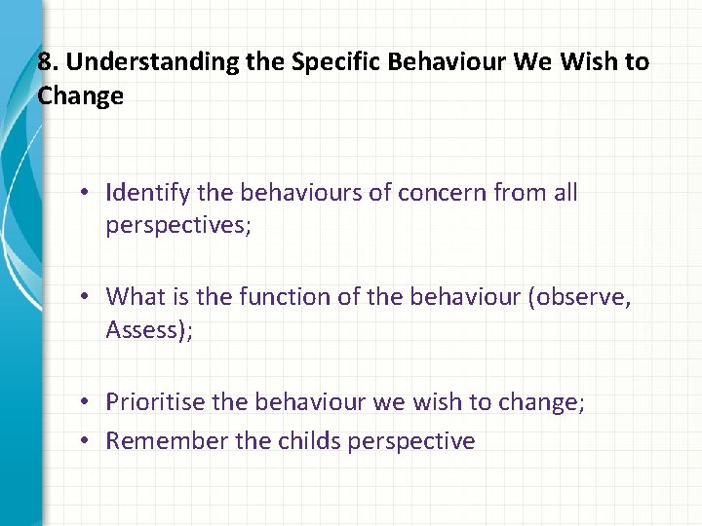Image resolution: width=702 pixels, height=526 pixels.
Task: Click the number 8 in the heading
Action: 45,62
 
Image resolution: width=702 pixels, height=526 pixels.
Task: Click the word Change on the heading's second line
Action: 81,95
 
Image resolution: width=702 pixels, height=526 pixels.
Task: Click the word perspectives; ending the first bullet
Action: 178,226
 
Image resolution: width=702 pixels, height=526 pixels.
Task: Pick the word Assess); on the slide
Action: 149,330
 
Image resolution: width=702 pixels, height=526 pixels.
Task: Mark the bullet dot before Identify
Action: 87,193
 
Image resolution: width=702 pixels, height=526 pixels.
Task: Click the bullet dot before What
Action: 87,296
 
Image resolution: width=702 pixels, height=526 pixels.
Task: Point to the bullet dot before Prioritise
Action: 87,401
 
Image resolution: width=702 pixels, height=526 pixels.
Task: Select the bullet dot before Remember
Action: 87,441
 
